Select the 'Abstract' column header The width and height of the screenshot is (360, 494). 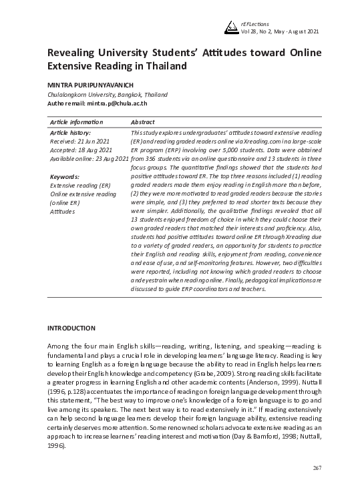(143, 122)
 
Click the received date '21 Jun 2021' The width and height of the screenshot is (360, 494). (94, 142)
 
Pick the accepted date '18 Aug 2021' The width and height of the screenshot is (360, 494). (94, 150)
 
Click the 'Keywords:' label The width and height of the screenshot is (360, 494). (64, 176)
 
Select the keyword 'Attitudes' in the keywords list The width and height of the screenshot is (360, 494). (63, 211)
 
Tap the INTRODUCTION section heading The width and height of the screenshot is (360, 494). (71, 328)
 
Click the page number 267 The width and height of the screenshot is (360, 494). (317, 468)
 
